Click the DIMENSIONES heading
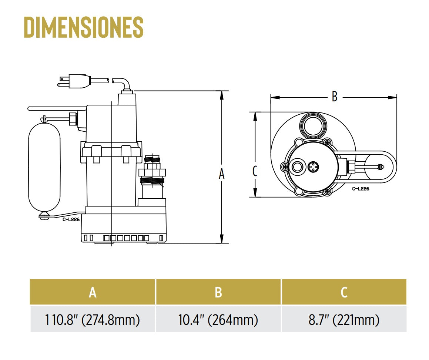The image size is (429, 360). click(84, 27)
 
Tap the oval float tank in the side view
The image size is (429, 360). click(44, 167)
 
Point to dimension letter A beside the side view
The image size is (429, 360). click(221, 174)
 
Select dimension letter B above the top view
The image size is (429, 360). click(334, 97)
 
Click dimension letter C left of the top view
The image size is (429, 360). click(255, 171)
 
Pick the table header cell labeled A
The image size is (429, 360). click(93, 292)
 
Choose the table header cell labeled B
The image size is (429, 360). click(218, 292)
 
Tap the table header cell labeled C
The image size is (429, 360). click(344, 292)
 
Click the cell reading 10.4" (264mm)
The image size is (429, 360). click(218, 319)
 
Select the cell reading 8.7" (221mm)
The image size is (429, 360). click(344, 319)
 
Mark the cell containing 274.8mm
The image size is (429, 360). click(93, 319)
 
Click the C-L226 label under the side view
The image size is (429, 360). click(71, 219)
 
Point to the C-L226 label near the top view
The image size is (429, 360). click(361, 188)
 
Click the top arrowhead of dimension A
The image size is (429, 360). click(221, 95)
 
